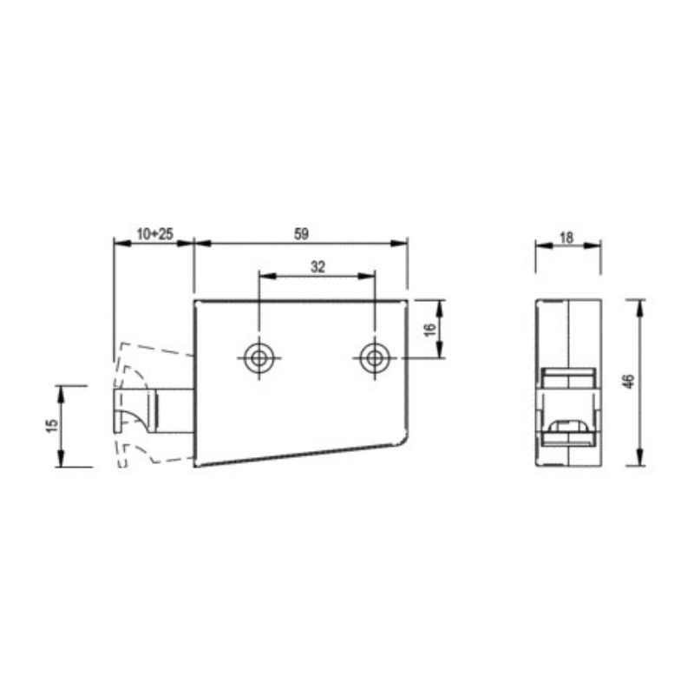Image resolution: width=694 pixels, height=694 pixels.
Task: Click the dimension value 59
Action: [x=301, y=233]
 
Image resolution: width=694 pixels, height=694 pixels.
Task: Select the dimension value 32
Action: [x=318, y=267]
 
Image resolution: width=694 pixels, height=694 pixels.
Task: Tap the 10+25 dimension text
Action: [x=155, y=233]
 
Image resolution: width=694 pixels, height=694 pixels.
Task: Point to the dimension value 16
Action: [x=430, y=330]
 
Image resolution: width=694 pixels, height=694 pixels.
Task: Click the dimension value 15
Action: [x=52, y=425]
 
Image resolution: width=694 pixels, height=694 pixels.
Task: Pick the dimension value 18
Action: [x=566, y=238]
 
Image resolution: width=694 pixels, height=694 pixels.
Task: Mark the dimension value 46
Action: [x=628, y=381]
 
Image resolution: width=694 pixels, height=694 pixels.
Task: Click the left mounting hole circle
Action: [x=259, y=358]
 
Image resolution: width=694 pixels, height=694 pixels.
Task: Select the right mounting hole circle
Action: [x=375, y=358]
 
